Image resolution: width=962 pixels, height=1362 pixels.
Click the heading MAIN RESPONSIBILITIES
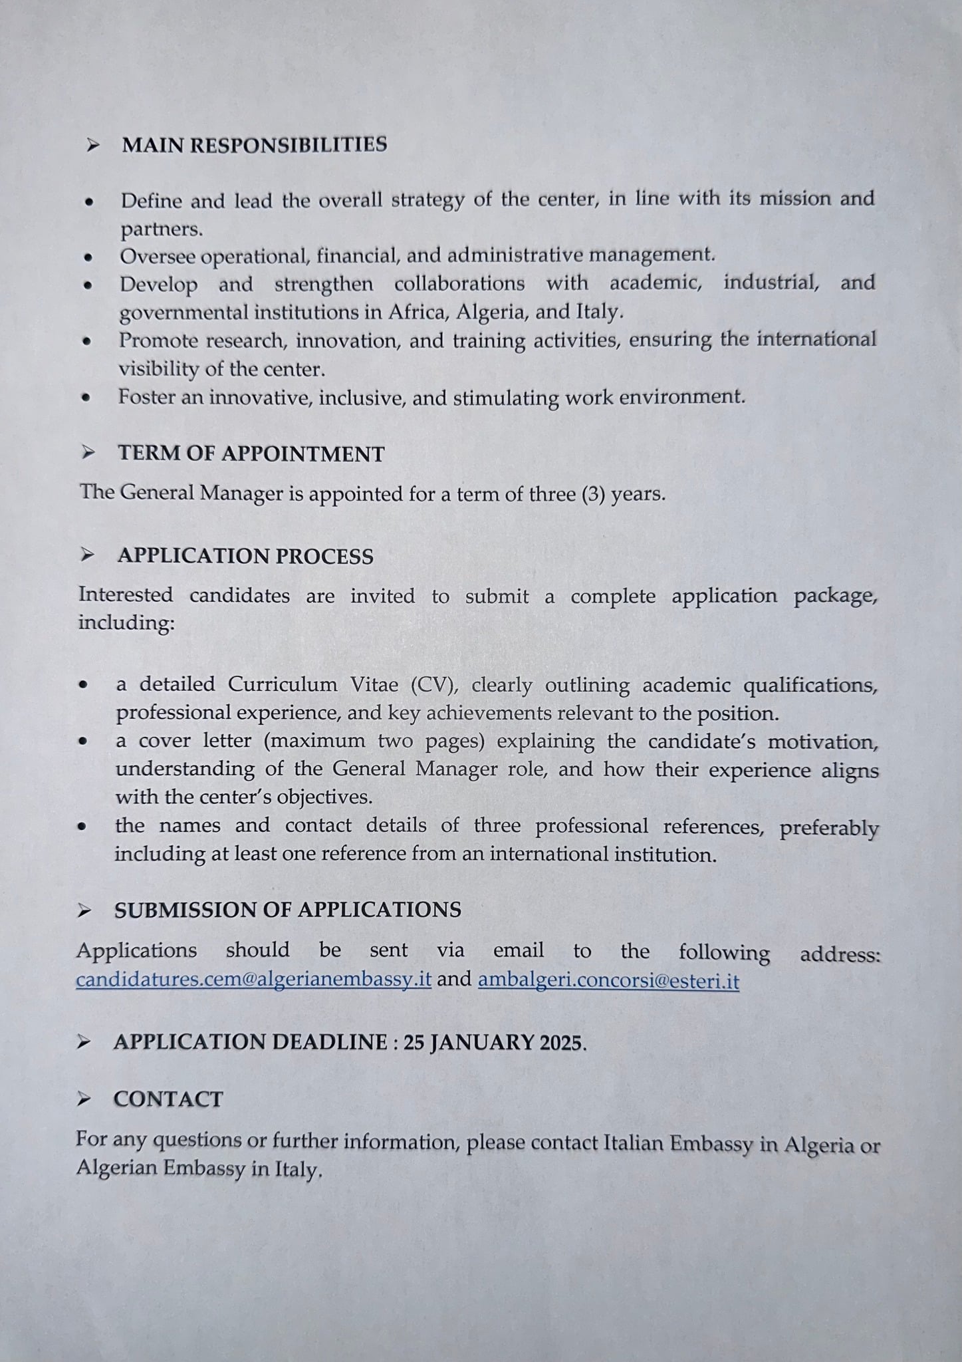pos(254,145)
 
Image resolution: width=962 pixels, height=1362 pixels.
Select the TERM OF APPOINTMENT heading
pos(251,454)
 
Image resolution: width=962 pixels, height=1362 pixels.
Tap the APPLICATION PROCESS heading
pos(245,556)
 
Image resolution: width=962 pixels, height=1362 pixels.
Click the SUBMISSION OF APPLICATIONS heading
pos(287,910)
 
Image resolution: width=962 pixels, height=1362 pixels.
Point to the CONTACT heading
pos(168,1099)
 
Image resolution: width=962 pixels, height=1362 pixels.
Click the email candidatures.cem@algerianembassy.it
pos(253,980)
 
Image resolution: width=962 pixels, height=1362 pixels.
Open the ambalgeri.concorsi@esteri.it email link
pos(608,982)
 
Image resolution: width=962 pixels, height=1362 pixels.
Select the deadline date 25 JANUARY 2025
pos(494,1043)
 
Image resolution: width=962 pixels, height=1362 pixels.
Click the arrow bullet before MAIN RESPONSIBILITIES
pos(94,145)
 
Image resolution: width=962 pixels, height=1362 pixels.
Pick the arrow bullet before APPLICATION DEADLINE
pos(84,1042)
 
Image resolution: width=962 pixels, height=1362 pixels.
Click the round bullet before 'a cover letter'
pos(82,741)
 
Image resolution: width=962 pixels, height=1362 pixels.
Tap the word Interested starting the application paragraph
pos(126,595)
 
